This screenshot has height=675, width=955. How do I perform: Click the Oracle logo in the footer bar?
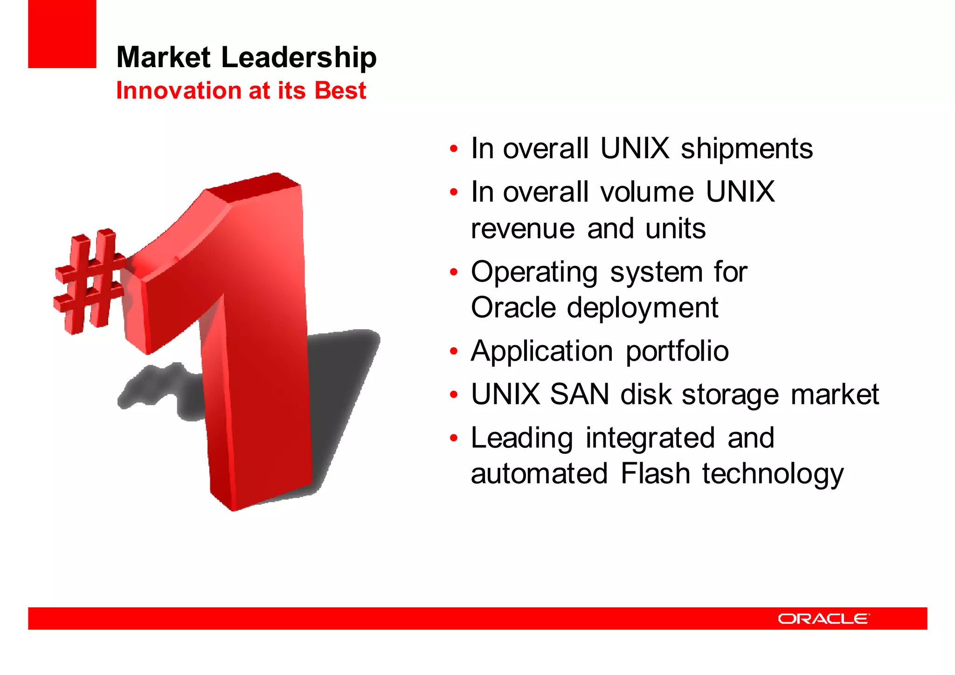(824, 619)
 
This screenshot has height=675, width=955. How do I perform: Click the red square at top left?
(62, 34)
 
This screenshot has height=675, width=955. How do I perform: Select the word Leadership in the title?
(298, 58)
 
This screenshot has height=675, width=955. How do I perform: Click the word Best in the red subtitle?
(340, 90)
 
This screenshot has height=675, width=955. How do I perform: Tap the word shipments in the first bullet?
(747, 149)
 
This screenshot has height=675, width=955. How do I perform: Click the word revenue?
(523, 229)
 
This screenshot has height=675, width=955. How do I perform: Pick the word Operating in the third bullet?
(534, 272)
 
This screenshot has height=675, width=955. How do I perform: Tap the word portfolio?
(677, 351)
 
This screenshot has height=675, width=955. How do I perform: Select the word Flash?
(655, 473)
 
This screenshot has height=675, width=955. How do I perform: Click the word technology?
(773, 474)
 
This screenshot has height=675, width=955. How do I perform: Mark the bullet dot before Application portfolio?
(454, 352)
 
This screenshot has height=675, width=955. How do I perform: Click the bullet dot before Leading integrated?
(454, 438)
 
